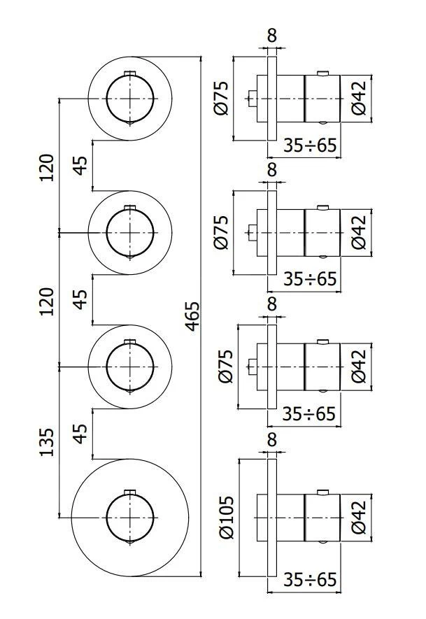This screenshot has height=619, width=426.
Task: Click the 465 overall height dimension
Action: tap(192, 318)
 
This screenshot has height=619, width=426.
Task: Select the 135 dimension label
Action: tap(46, 441)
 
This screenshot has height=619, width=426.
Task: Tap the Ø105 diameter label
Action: tap(225, 517)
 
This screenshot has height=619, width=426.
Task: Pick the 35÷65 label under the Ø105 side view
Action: tap(309, 580)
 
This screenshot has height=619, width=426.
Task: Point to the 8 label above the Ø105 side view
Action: tap(272, 440)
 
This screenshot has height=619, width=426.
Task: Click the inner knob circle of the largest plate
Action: tap(130, 518)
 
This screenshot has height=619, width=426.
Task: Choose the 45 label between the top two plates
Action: tap(80, 165)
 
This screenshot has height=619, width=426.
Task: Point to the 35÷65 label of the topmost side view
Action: tap(309, 145)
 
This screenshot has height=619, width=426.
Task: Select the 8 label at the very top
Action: tap(272, 32)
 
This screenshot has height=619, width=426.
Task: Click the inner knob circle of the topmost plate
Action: tap(130, 98)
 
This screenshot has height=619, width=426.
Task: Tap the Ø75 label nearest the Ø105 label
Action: tap(225, 368)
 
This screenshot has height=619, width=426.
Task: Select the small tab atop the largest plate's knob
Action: tap(129, 491)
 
